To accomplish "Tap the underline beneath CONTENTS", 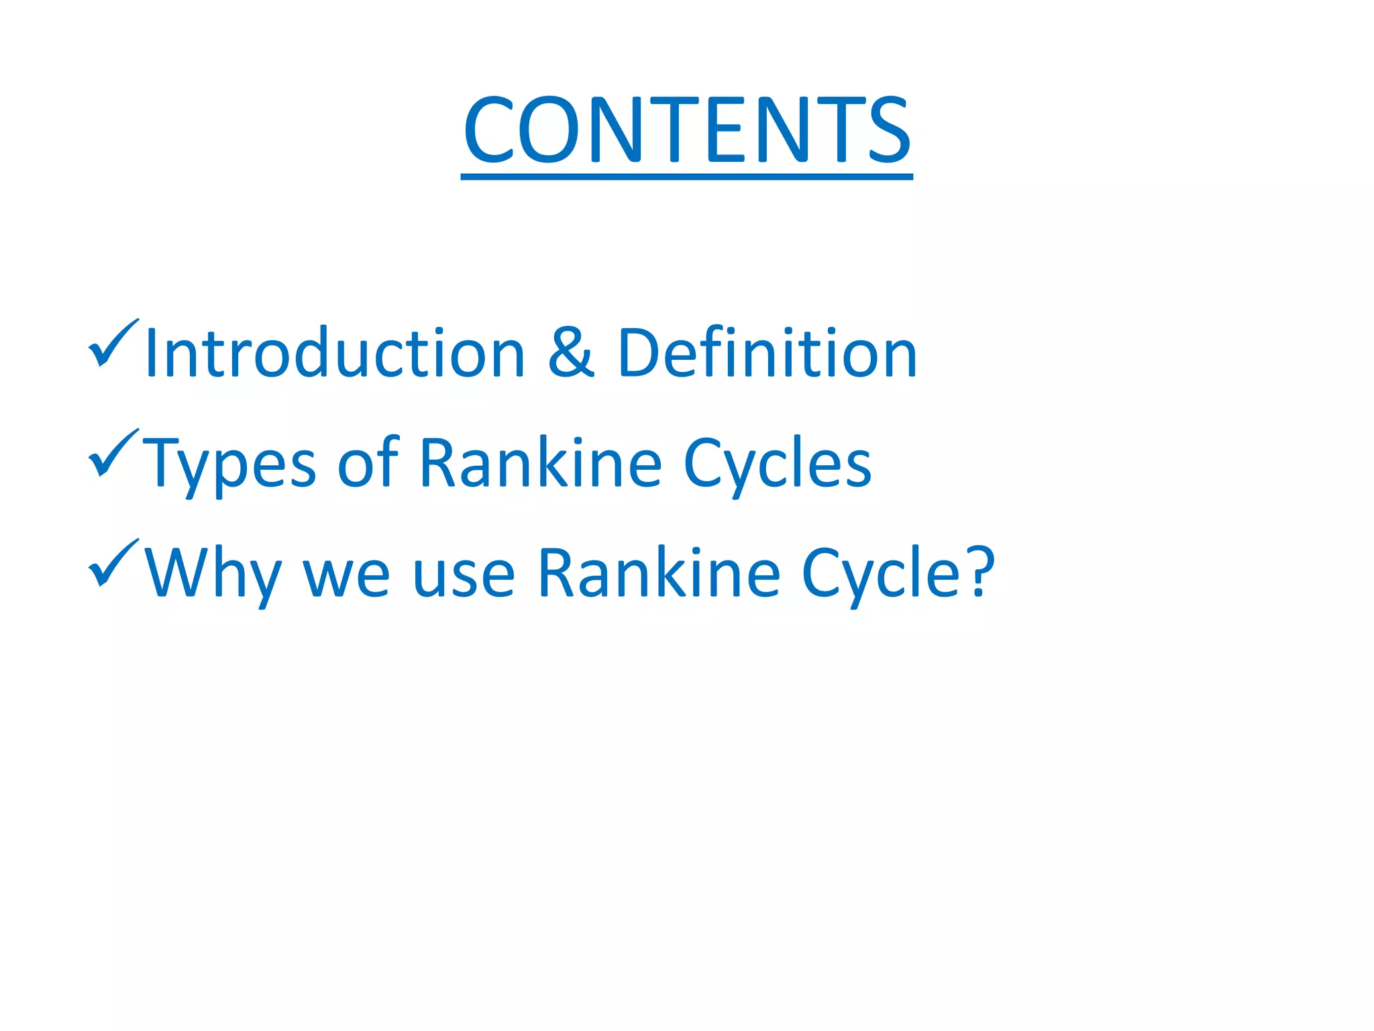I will (x=686, y=177).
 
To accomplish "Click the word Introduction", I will (x=334, y=353).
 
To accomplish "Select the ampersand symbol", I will (x=570, y=353).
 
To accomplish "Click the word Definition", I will (x=767, y=353).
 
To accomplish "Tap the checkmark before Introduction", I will (x=112, y=343).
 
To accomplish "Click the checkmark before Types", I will (x=112, y=453).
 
